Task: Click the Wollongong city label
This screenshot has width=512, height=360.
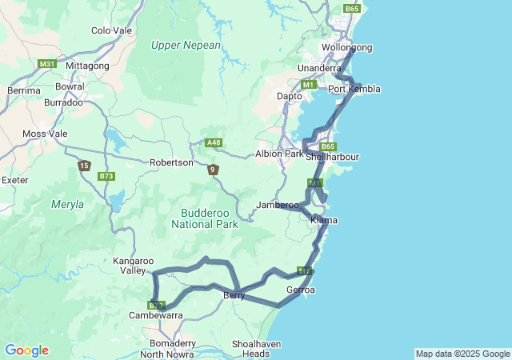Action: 347,48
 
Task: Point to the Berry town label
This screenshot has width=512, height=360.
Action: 234,296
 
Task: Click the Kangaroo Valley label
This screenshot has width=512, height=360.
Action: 133,266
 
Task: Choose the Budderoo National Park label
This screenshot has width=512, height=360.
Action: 206,218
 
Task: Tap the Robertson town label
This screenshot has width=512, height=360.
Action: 171,162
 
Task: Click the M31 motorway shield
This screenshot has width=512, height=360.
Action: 46,64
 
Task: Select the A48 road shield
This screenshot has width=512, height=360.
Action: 213,142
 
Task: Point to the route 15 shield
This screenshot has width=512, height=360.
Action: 84,166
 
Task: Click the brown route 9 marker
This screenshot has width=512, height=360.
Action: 213,170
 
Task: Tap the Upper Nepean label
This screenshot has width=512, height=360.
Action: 186,46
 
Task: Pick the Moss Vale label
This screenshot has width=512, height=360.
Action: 46,134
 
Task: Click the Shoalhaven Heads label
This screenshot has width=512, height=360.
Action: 251,349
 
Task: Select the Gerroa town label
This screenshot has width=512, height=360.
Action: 301,290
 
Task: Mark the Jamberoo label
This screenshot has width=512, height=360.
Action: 277,206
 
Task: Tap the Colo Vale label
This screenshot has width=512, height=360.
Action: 111,30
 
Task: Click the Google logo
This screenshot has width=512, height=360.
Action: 26,350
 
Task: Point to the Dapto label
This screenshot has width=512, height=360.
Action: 289,96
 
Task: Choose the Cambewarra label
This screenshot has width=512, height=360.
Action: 156,316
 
